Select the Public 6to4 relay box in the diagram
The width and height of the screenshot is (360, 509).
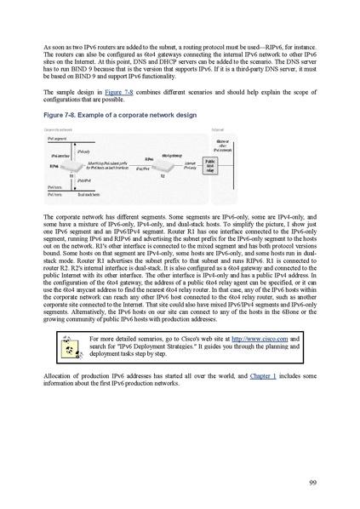pos(209,164)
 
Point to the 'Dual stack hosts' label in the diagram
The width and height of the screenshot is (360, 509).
pos(89,194)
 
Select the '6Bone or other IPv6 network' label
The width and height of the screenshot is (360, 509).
pos(221,141)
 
